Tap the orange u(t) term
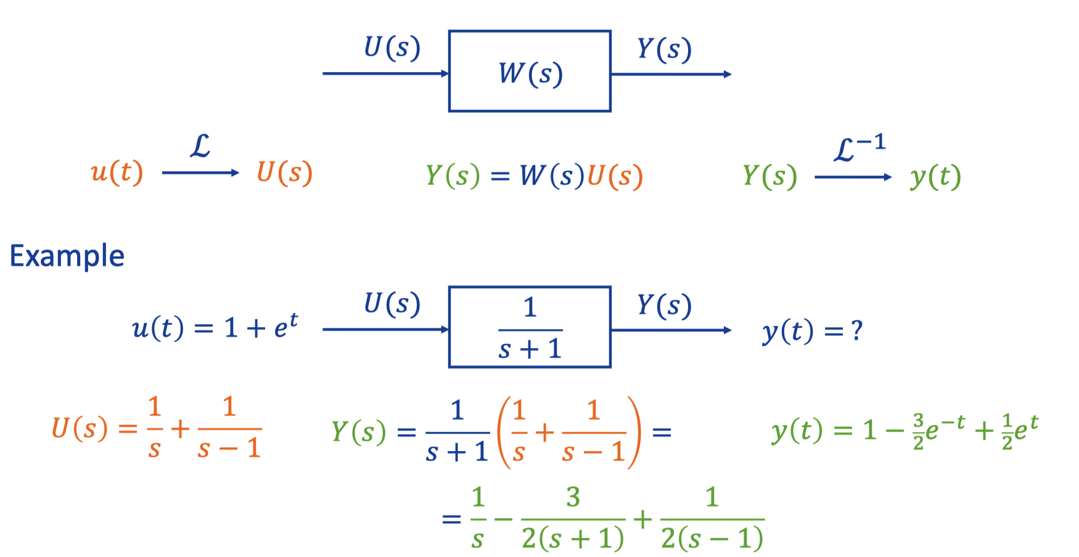click(x=117, y=172)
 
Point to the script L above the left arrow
click(x=200, y=147)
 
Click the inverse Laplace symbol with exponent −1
click(x=860, y=149)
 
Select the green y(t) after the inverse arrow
click(x=935, y=178)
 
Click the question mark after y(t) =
click(x=856, y=331)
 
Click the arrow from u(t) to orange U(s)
click(x=200, y=173)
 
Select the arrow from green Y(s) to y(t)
click(x=853, y=177)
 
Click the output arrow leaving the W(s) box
click(x=671, y=74)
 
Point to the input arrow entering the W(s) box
click(x=386, y=73)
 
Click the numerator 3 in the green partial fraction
click(x=573, y=497)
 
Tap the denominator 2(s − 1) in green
click(x=712, y=539)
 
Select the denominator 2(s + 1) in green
click(x=573, y=539)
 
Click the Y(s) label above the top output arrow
click(x=664, y=49)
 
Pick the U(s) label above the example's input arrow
click(x=392, y=304)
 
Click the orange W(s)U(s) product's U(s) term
click(x=615, y=176)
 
